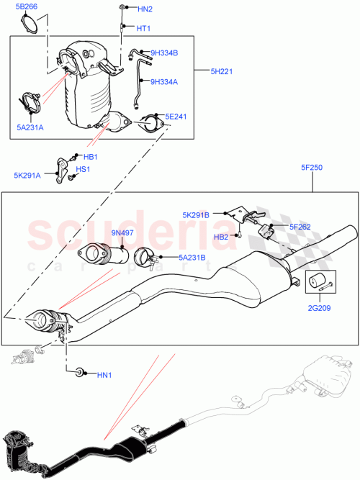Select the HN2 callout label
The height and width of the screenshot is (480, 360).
pyautogui.click(x=144, y=9)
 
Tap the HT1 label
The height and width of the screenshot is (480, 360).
pyautogui.click(x=143, y=28)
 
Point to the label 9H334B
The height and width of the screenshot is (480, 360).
pyautogui.click(x=163, y=53)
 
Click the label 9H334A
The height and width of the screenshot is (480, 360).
pyautogui.click(x=163, y=81)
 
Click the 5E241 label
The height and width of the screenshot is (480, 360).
pyautogui.click(x=176, y=116)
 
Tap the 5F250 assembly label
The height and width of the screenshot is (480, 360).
pyautogui.click(x=312, y=168)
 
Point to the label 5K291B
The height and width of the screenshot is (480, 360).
pyautogui.click(x=196, y=214)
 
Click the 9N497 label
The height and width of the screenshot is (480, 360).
pyautogui.click(x=123, y=232)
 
